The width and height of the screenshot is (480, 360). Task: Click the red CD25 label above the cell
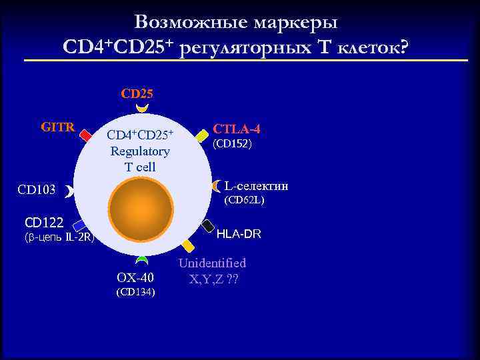point(137,93)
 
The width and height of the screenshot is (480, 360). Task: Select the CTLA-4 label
point(236,129)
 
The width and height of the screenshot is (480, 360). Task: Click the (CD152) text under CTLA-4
point(232,144)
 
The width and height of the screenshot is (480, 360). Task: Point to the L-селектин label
point(256,185)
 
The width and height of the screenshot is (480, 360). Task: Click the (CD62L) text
point(245,199)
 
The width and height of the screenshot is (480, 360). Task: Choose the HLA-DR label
point(239,234)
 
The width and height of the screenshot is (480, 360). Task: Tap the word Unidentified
point(212,263)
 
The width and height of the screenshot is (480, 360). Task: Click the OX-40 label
point(135,277)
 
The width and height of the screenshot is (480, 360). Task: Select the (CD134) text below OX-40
point(135,291)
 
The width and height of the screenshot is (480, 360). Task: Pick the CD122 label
point(44,222)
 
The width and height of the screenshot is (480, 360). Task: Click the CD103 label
point(37,191)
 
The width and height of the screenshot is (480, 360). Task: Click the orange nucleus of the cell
point(140,211)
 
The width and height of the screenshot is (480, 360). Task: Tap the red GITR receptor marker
point(85,135)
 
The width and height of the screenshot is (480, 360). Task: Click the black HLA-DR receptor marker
point(207,226)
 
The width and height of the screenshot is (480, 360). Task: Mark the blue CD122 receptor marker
point(79,225)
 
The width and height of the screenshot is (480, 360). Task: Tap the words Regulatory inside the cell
point(140,151)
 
